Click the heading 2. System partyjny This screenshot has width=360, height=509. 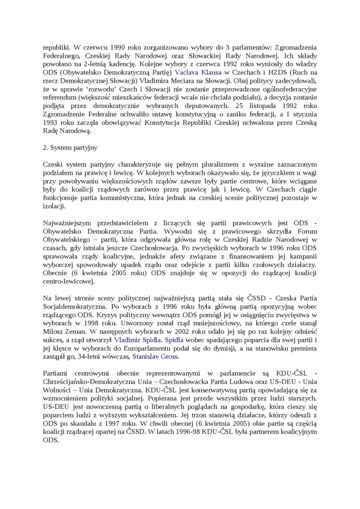pos(70,147)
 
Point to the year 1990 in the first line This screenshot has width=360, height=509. pos(120,47)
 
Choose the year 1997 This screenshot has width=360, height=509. pos(116,423)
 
